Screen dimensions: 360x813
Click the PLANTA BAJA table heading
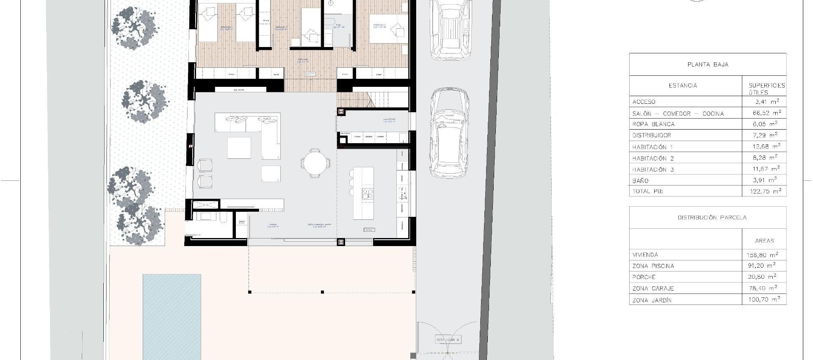(x=708, y=64)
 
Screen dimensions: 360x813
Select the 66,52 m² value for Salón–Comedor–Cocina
(x=764, y=113)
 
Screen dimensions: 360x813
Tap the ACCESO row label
(x=644, y=102)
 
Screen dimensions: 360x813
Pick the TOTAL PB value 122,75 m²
(x=764, y=191)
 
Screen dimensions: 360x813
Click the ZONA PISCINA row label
(x=653, y=266)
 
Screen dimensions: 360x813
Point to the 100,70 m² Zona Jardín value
(x=764, y=299)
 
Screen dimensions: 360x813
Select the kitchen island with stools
(x=363, y=193)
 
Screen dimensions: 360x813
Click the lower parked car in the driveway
(x=449, y=133)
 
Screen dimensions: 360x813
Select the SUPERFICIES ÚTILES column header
(x=766, y=88)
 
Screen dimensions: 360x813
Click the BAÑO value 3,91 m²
(x=764, y=180)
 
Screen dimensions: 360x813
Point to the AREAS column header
(x=764, y=241)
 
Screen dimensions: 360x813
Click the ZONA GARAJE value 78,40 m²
(x=764, y=288)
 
